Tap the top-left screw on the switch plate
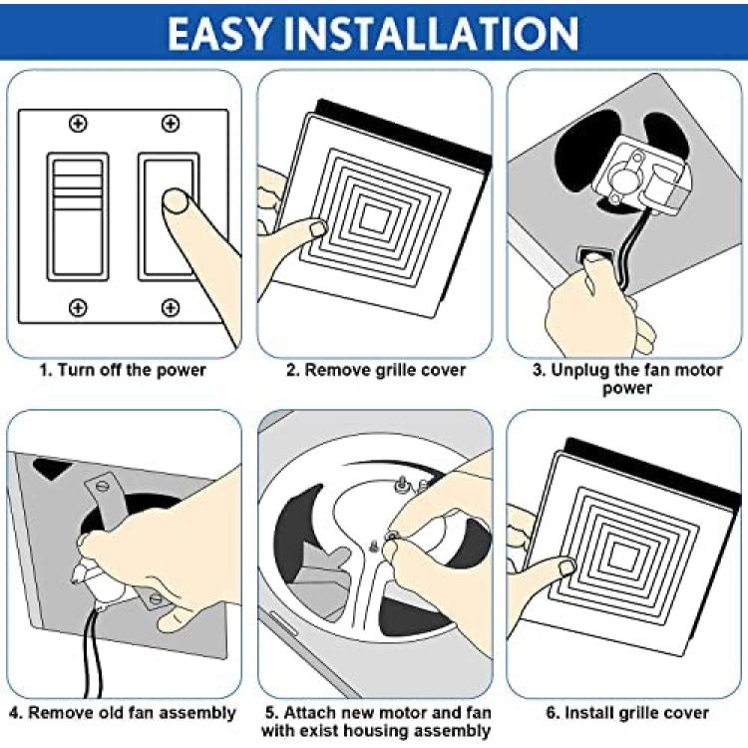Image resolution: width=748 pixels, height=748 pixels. click(78, 123)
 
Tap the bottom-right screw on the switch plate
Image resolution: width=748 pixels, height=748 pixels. click(171, 307)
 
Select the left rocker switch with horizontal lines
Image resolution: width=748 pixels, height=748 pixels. click(78, 216)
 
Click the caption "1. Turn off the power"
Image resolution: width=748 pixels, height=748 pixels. click(122, 370)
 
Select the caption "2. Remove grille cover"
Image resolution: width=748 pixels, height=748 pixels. click(376, 370)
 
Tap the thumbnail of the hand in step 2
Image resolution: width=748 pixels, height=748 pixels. click(318, 228)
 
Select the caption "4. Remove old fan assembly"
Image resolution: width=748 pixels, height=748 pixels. click(122, 713)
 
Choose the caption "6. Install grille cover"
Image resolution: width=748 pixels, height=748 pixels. click(627, 713)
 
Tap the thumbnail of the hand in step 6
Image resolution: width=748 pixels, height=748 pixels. click(566, 567)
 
